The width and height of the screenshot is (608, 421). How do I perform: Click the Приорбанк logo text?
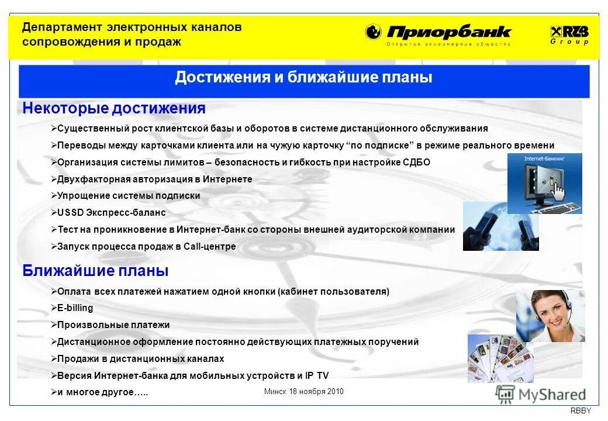point(448,32)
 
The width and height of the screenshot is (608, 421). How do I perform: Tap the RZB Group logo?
point(569,34)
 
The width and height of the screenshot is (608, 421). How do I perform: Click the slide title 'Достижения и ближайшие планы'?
point(303,78)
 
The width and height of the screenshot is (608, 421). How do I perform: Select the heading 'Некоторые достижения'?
point(114,108)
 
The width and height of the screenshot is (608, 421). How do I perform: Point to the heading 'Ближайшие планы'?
point(95,271)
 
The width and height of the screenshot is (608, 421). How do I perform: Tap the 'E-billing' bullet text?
point(75,308)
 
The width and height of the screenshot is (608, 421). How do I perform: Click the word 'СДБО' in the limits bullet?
point(416,163)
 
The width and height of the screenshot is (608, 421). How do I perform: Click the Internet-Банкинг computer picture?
point(544,184)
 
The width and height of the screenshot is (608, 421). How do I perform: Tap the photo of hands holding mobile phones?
point(500,227)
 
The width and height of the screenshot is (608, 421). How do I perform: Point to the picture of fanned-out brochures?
point(500,358)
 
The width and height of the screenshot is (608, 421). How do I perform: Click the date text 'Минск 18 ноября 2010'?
point(303,392)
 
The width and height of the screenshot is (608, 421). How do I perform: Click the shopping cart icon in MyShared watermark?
point(505,395)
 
